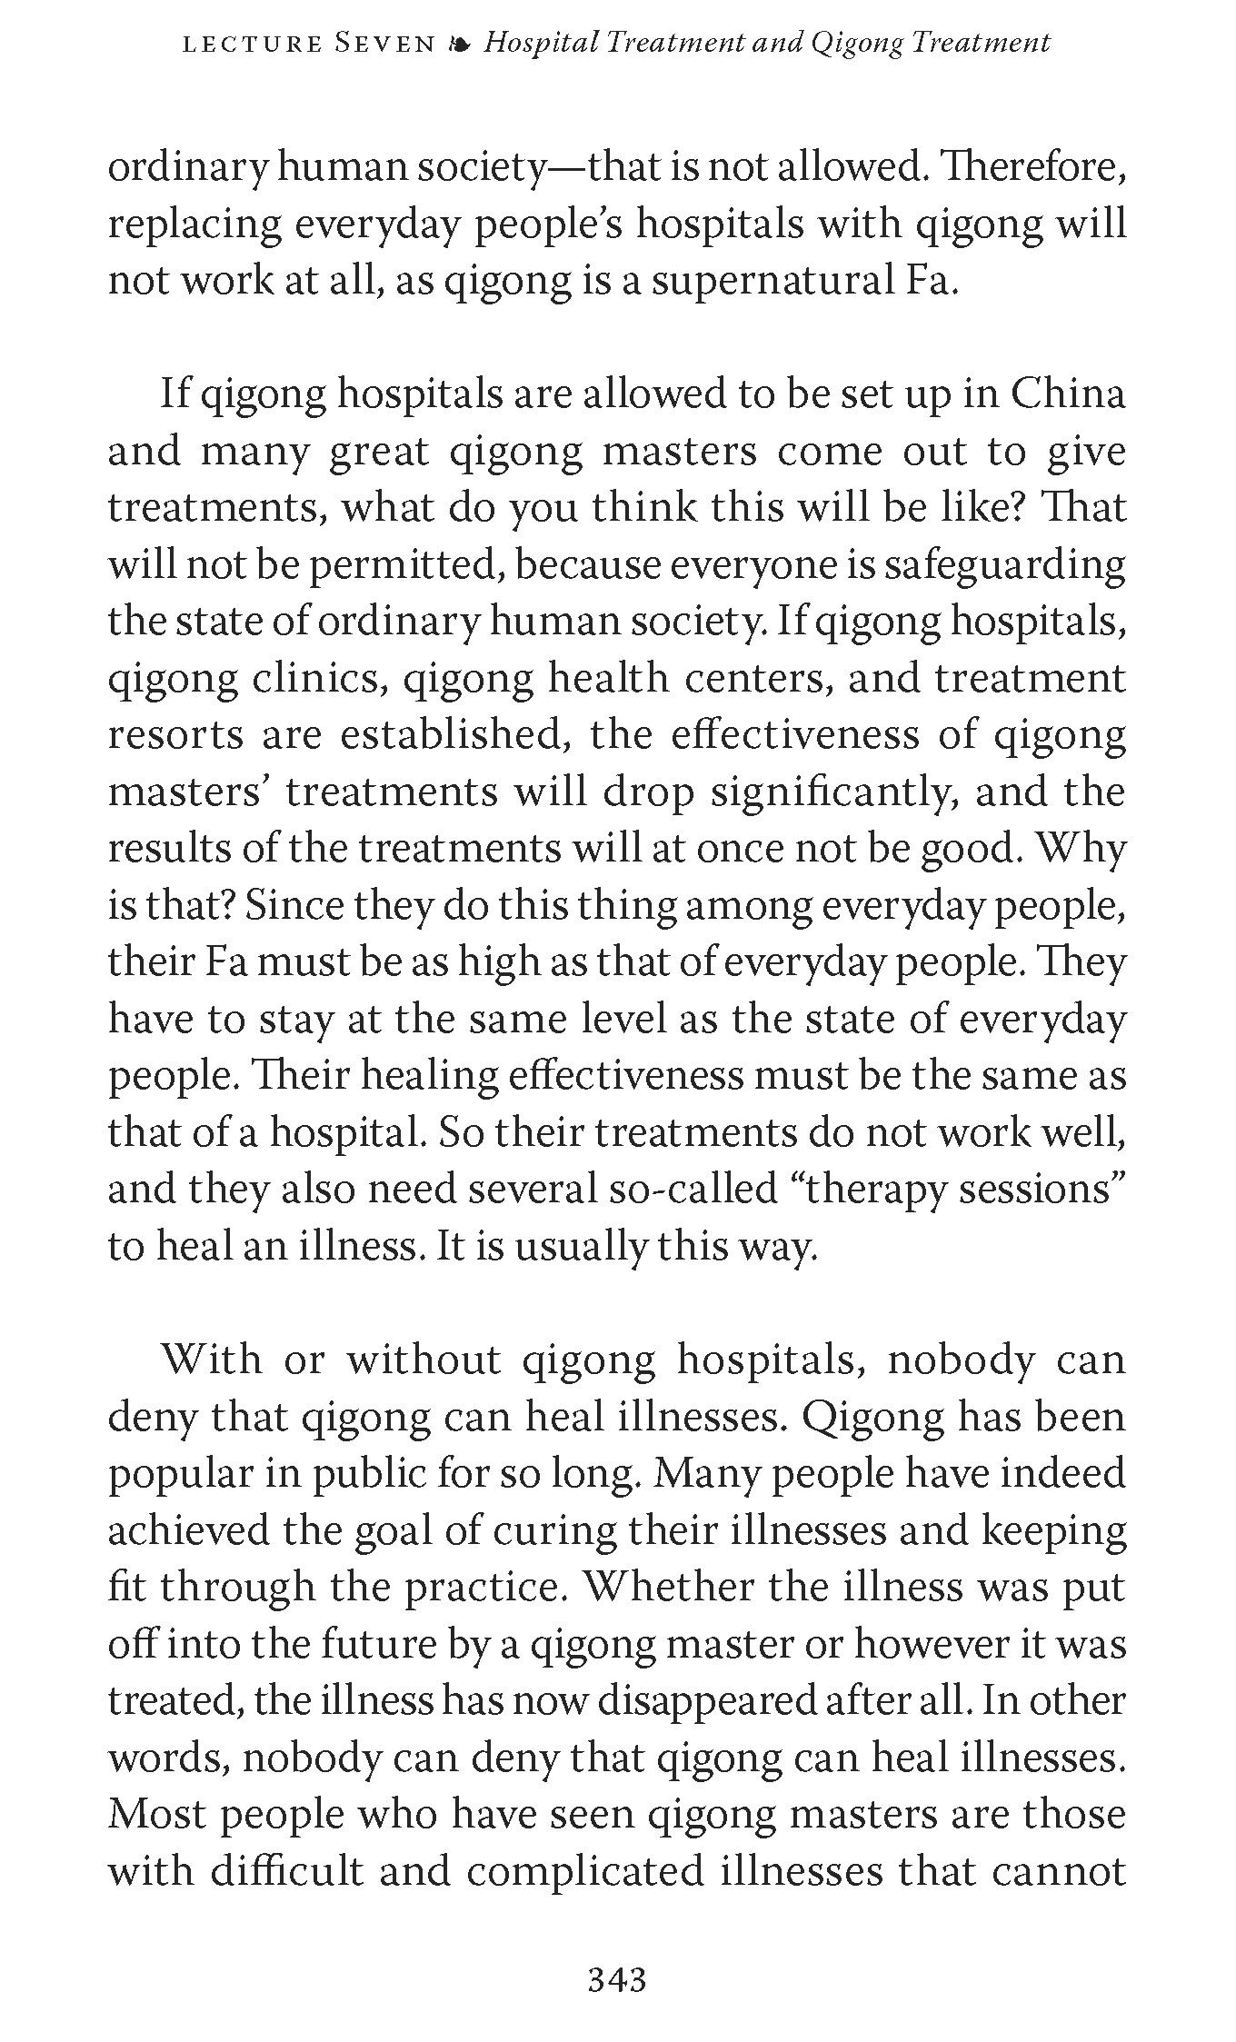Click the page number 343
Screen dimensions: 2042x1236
[617, 1978]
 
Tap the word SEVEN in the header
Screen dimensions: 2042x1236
[384, 44]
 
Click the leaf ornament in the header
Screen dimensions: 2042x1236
[459, 45]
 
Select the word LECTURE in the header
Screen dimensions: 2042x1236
[253, 45]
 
